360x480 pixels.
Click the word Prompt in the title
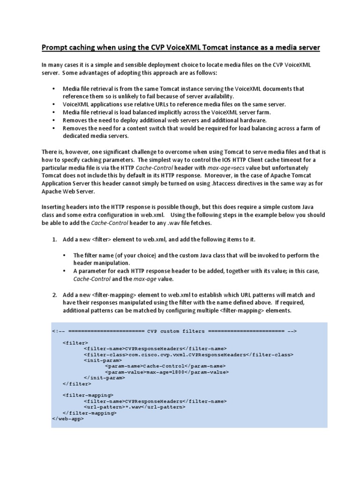tap(55, 47)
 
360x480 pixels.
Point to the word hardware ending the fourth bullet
tap(241, 120)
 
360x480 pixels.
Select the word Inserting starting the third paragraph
tap(55, 208)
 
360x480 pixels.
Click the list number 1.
tap(54, 240)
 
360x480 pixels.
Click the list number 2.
tap(54, 295)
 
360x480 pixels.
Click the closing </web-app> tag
tap(68, 419)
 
